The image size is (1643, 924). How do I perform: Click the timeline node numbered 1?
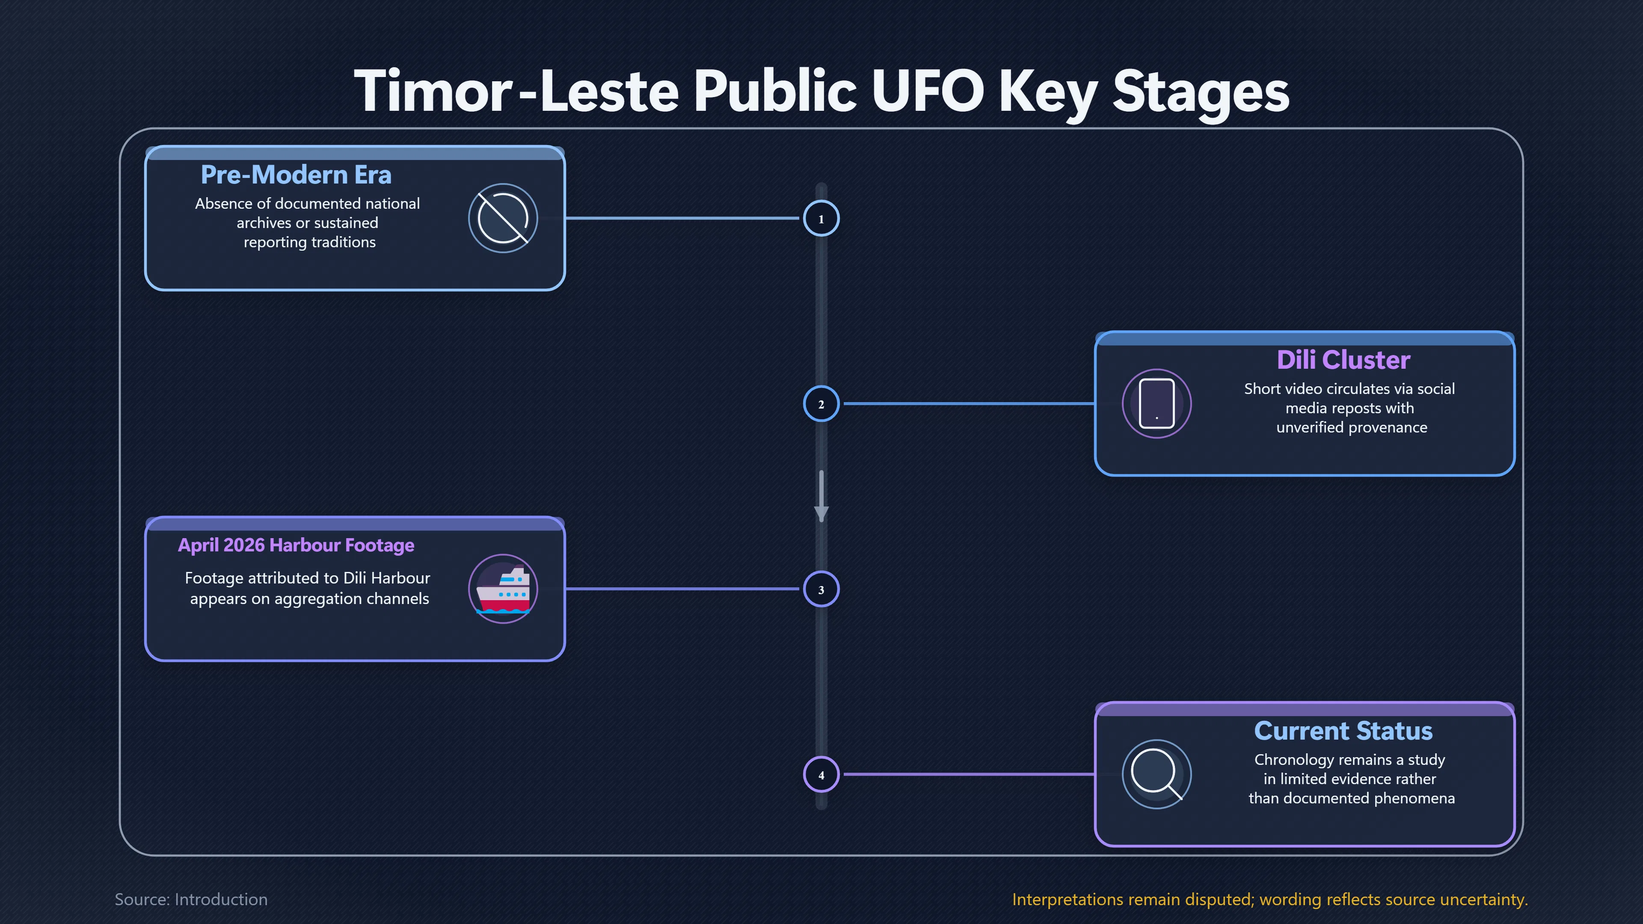pos(821,218)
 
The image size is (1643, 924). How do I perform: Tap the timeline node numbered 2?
pos(821,404)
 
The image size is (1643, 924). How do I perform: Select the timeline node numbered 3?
pos(821,589)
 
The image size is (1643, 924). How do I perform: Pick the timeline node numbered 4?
pos(821,774)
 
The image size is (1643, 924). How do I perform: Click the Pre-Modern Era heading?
pos(296,175)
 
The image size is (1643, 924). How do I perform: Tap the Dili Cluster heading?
pos(1343,360)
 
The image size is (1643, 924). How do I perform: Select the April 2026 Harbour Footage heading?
pos(296,545)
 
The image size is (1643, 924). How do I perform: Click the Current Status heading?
pos(1343,731)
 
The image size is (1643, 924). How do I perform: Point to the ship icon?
pos(503,589)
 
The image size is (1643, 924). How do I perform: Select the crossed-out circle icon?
pos(503,218)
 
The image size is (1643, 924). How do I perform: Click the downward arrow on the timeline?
pos(821,497)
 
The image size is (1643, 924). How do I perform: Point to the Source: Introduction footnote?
pos(191,899)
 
